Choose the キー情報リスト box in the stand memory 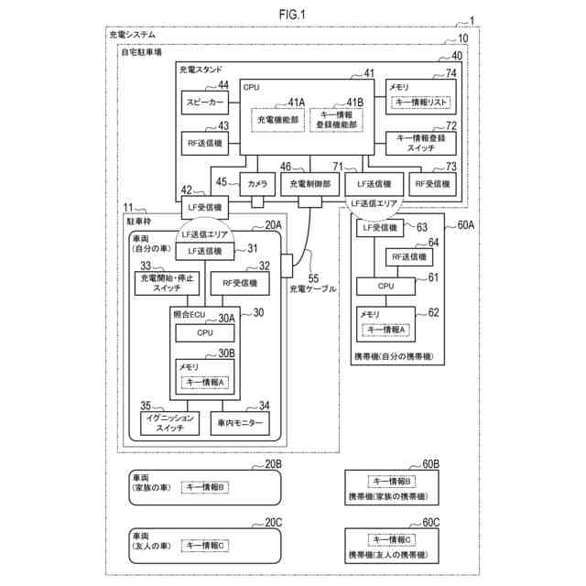pyautogui.click(x=420, y=103)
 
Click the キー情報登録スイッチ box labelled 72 pyautogui.click(x=420, y=142)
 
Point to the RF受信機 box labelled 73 pyautogui.click(x=431, y=183)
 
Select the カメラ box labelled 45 pyautogui.click(x=256, y=183)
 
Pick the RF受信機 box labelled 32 pyautogui.click(x=240, y=284)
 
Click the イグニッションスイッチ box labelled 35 pyautogui.click(x=169, y=422)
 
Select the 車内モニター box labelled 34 pyautogui.click(x=242, y=422)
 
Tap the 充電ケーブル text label pyautogui.click(x=312, y=289)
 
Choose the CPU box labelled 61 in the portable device pyautogui.click(x=385, y=286)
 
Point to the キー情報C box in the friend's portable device pyautogui.click(x=391, y=540)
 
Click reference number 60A pyautogui.click(x=460, y=225)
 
